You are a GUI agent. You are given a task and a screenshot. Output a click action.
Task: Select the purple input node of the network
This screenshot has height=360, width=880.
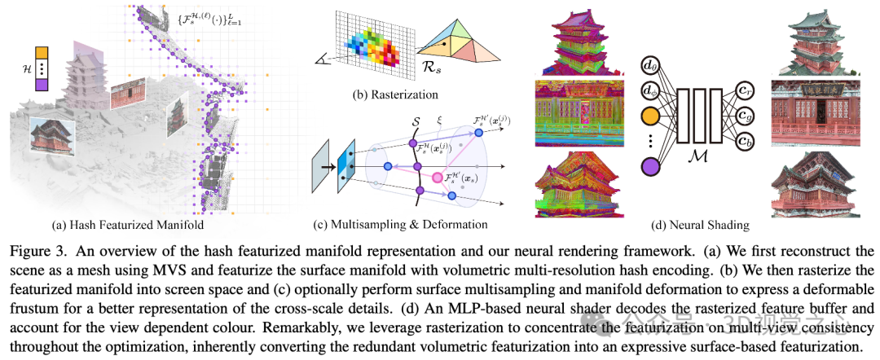point(651,168)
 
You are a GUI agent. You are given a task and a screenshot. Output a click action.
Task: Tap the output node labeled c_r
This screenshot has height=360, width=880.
point(744,90)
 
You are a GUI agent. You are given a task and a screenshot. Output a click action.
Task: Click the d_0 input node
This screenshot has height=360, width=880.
point(651,64)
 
